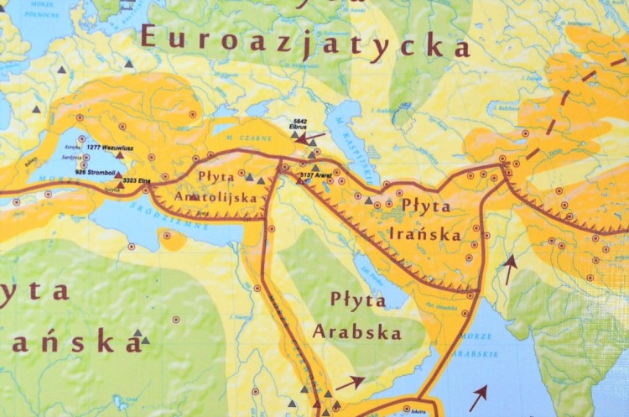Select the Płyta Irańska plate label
pyautogui.click(x=426, y=216)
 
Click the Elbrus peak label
pyautogui.click(x=300, y=126)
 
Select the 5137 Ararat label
pyautogui.click(x=314, y=175)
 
